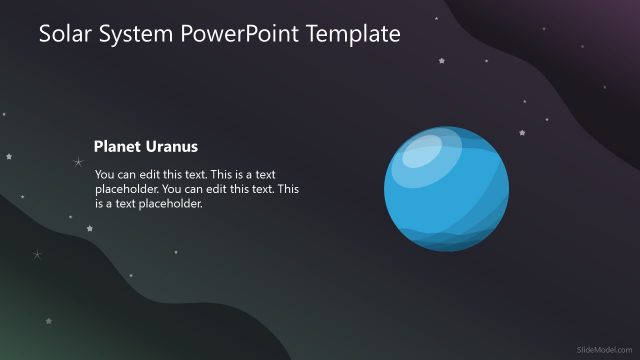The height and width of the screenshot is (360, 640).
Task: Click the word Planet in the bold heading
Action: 116,146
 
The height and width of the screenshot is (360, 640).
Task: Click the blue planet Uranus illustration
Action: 446,190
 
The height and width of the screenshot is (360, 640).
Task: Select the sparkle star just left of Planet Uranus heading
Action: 78,161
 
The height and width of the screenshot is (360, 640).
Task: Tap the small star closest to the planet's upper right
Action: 520,132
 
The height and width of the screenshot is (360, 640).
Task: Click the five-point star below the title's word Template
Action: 441,61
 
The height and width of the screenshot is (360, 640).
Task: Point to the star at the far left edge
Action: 9,156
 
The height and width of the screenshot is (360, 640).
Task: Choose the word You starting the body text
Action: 104,173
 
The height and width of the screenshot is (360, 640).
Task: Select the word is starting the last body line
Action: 101,203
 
